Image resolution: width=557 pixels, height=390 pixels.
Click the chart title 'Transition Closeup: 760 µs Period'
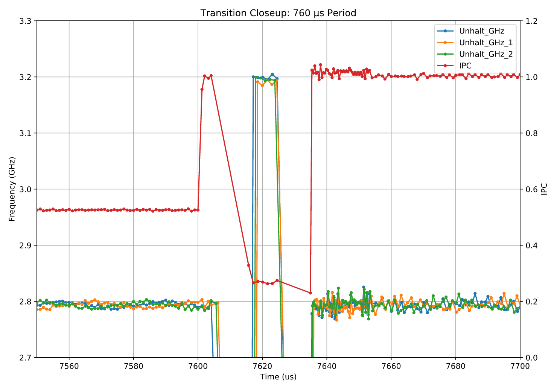pos(278,13)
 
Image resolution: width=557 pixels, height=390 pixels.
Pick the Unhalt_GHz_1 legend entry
pos(485,43)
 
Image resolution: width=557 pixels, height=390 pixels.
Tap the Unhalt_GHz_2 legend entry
pos(485,54)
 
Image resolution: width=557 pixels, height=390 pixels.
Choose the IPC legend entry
pos(465,66)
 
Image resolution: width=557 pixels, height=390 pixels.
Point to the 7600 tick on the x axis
pos(198,366)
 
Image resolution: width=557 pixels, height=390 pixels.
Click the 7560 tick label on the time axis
pos(69,366)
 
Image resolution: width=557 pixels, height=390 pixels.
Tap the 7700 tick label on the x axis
pos(520,366)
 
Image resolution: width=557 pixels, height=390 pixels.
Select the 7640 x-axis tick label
pos(327,366)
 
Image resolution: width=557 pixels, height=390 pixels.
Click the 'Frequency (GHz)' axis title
pos(12,189)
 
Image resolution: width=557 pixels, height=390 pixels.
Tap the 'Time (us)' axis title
pos(278,377)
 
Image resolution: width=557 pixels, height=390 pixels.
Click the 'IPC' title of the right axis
pos(544,189)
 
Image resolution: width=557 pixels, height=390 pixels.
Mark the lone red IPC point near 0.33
pos(248,265)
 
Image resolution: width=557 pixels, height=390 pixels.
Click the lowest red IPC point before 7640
pos(310,292)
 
